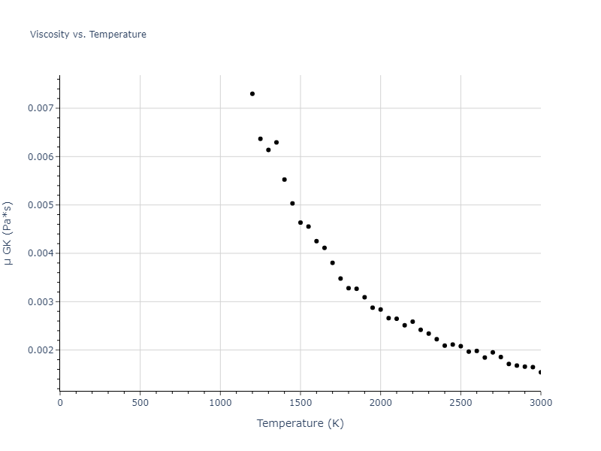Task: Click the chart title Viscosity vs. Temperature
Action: (88, 35)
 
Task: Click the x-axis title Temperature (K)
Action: (300, 423)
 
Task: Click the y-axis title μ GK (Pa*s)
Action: (8, 233)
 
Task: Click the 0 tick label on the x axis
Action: (60, 403)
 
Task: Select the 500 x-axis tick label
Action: (140, 403)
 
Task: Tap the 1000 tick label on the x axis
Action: (220, 403)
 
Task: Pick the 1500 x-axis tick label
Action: (300, 403)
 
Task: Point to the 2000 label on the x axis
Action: (380, 403)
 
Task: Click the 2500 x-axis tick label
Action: (461, 403)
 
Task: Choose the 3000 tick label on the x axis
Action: (540, 403)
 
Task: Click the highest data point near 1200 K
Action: (252, 94)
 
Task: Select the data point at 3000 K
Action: (540, 372)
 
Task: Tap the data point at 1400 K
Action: (284, 180)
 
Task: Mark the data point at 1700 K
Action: (332, 263)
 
